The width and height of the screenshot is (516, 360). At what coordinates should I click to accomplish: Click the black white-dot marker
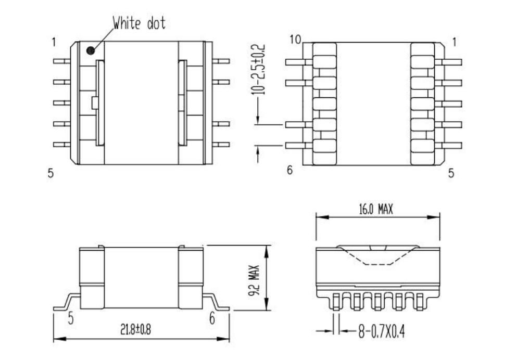91,50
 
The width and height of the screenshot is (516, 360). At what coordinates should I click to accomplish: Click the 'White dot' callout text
139,23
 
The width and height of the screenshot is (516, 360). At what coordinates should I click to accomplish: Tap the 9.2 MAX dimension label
255,278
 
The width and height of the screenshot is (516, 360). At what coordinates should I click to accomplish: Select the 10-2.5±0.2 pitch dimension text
261,70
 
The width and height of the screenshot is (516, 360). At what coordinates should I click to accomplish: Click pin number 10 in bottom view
295,41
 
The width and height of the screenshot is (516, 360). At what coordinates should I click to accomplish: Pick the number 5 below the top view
51,173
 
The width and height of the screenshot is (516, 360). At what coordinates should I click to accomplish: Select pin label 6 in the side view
212,318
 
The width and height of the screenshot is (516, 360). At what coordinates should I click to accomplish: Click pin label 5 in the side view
70,318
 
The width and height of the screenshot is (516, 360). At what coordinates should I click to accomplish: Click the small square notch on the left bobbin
94,102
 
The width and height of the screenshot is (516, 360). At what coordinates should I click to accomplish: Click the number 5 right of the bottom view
451,173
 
